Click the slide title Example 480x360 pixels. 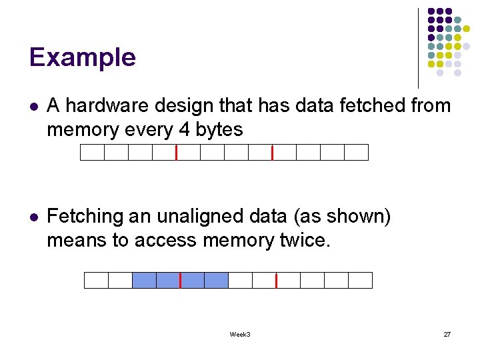[x=83, y=57]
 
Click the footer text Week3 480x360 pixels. [x=239, y=334]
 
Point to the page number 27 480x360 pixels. [x=447, y=334]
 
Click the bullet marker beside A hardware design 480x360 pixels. [x=34, y=107]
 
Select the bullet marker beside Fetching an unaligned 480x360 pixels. [x=34, y=217]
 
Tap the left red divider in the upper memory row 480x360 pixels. [x=176, y=153]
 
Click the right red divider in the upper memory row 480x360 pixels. [x=272, y=153]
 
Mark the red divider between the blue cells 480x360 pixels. [x=180, y=280]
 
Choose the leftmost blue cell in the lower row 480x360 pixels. [x=144, y=280]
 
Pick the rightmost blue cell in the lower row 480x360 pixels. [x=216, y=280]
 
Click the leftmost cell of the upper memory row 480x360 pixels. [x=92, y=153]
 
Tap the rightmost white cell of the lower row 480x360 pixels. [x=360, y=280]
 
